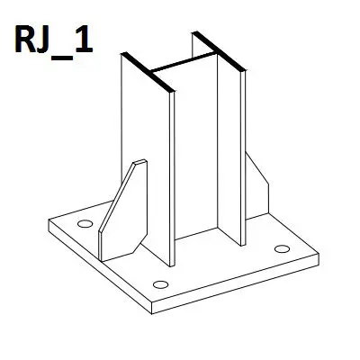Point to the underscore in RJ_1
(x=62, y=58)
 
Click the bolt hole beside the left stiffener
(x=85, y=224)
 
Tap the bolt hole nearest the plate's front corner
(x=160, y=284)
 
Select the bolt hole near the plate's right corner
(x=282, y=248)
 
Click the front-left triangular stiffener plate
(x=123, y=210)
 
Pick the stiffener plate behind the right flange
(x=256, y=186)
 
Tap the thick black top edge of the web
(x=183, y=63)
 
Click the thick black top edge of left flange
(x=148, y=72)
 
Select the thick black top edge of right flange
(x=219, y=50)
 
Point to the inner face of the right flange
(x=229, y=150)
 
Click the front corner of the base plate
(x=152, y=302)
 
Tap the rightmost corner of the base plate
(x=319, y=255)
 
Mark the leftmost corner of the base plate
(x=49, y=220)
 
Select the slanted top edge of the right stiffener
(x=257, y=168)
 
